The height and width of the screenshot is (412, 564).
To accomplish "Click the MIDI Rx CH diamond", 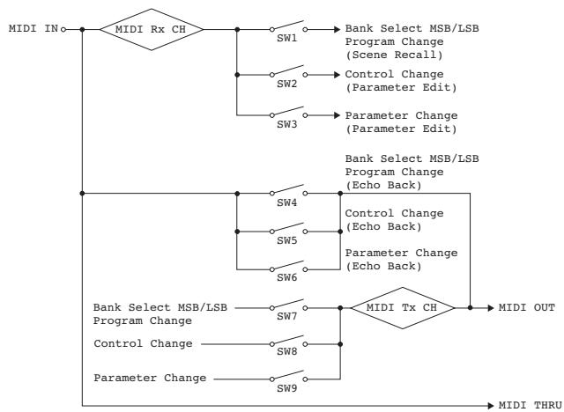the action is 152,29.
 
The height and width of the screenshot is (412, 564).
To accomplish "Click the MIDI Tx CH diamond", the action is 403,308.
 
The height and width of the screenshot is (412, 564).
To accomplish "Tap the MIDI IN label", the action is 33,29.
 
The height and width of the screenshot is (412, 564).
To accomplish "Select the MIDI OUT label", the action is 527,307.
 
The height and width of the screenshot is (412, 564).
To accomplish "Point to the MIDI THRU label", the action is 531,405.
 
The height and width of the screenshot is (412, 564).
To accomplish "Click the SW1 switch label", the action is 286,38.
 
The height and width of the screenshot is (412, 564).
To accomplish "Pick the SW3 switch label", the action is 286,124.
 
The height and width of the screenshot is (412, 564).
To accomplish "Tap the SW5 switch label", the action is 286,240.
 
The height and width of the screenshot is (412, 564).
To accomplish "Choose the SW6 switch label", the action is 286,277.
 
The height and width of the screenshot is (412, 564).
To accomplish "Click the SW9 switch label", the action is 286,388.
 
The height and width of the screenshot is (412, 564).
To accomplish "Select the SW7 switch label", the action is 286,316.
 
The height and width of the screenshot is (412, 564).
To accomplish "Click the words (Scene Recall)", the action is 394,55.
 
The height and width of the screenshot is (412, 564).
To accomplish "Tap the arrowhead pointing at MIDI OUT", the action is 491,308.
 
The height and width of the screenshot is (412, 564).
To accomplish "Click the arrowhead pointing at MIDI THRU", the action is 491,406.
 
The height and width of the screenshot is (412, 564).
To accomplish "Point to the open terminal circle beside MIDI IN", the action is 63,29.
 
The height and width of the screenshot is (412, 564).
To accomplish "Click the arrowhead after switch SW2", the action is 337,75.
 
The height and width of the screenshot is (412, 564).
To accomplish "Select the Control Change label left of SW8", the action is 143,343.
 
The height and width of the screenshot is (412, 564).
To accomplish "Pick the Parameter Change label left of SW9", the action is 150,379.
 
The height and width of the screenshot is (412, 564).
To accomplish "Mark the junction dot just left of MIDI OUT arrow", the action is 470,308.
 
